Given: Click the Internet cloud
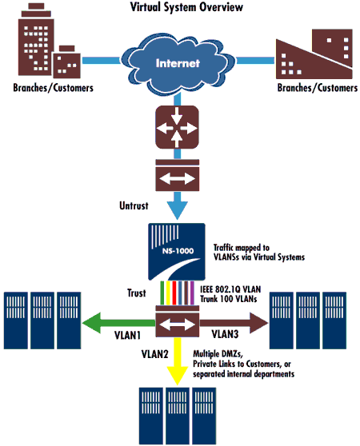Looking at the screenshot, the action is pos(178,64).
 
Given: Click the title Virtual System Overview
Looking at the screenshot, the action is pos(186,7).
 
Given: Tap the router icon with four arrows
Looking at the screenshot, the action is pos(177,127).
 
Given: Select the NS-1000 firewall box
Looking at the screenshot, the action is pos(177,252).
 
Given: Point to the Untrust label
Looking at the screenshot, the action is pos(134,205).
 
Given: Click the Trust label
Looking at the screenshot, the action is pos(137,293).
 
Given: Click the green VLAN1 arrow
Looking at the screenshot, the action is pos(118,323).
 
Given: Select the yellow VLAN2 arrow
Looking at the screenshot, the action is pos(178,361).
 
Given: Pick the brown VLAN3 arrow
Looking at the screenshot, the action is pos(234,323).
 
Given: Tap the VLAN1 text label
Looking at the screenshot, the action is pos(128,336).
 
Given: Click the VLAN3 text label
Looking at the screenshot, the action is pos(225,334).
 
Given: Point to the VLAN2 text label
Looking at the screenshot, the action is pos(155,354).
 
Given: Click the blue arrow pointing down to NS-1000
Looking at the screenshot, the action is pos(177,205).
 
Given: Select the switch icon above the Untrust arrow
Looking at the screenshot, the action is pos(177,175).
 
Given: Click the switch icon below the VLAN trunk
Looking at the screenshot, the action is pos(177,321).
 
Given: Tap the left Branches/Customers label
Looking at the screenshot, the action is pos(54,88).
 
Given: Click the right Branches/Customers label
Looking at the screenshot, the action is pos(318,88).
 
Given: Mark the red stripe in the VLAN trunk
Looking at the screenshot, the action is pos(174,293).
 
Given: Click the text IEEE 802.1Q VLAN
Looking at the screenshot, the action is pos(230,289).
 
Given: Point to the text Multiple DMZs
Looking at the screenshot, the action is pos(218,354).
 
